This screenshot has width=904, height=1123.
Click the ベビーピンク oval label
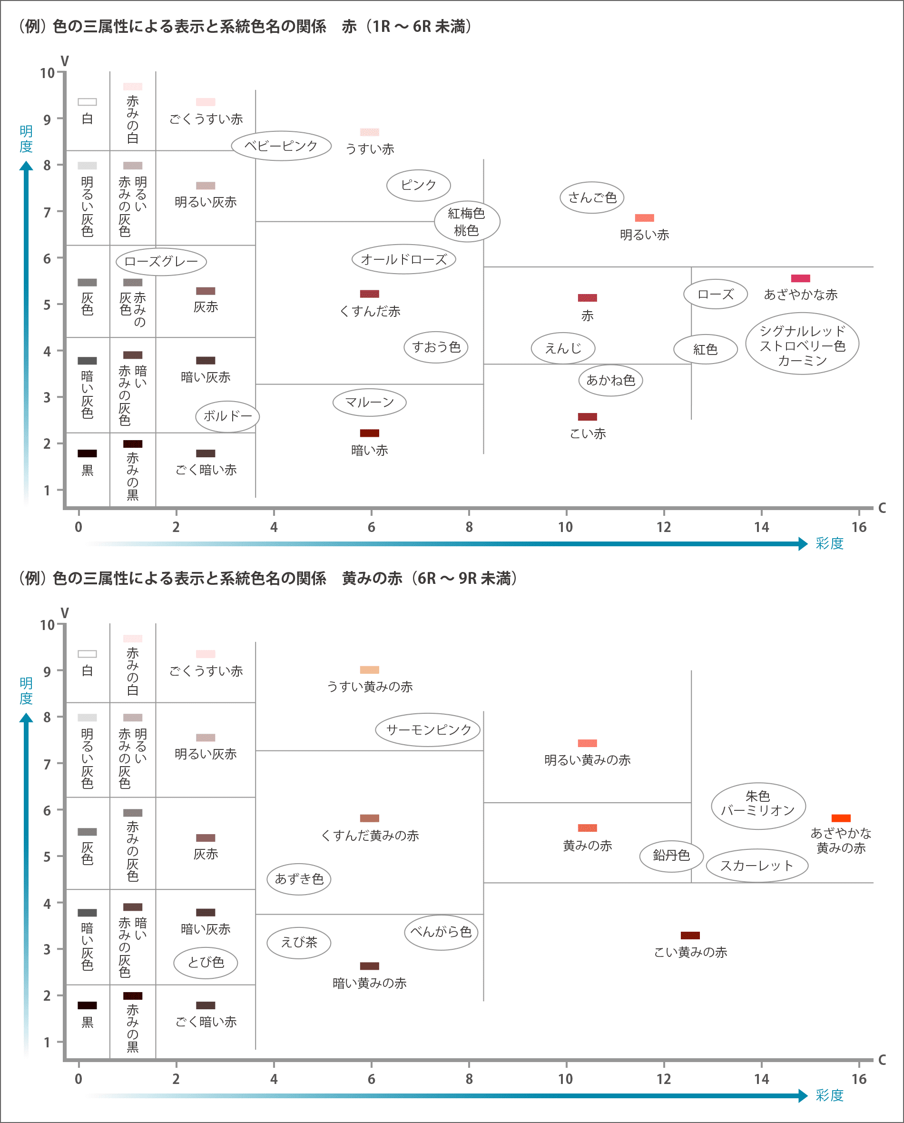point(281,146)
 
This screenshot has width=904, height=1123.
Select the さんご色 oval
point(591,197)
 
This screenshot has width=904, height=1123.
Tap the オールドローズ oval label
point(403,259)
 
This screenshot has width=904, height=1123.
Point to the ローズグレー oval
point(161,261)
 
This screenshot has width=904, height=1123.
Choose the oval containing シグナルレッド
point(802,344)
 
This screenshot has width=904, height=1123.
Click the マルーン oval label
point(369,402)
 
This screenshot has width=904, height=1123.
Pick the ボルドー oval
point(227,416)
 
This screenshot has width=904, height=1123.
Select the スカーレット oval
point(757,866)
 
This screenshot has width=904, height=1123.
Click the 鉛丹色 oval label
point(671,855)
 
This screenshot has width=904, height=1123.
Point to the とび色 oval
point(206,963)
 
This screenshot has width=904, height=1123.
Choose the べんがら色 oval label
point(441,932)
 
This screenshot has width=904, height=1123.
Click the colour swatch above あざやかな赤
point(800,278)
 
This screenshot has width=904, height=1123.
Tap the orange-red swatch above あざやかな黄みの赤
point(841,818)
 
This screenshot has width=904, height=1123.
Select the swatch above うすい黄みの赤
point(369,670)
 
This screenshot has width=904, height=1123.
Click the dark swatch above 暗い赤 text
point(369,433)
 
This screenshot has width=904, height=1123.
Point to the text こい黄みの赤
point(690,952)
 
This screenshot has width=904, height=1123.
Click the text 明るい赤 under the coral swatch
point(644,235)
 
